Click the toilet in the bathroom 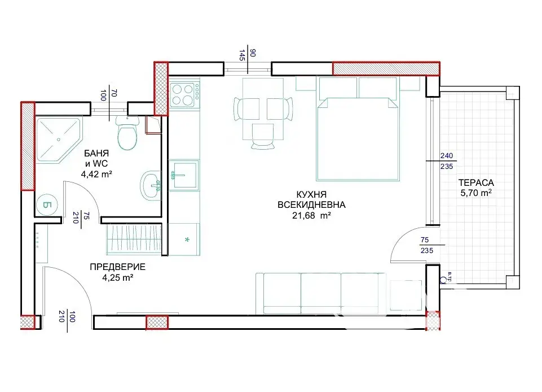pos(127,133)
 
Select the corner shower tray pos(58,140)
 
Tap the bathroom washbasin pos(151,185)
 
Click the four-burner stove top pos(184,95)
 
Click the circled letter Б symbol pos(47,205)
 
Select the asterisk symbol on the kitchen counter pos(187,239)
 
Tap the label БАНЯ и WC pos(96,158)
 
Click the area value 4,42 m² pos(96,174)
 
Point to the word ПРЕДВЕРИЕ pos(117,267)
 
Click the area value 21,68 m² pos(311,215)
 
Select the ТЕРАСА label pos(476,182)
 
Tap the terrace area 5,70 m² pos(476,193)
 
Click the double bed pos(358,129)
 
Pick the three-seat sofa pos(320,293)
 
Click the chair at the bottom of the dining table pos(263,136)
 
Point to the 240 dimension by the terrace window pos(447,156)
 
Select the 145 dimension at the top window pos(242,55)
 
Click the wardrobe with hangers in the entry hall pos(134,239)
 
